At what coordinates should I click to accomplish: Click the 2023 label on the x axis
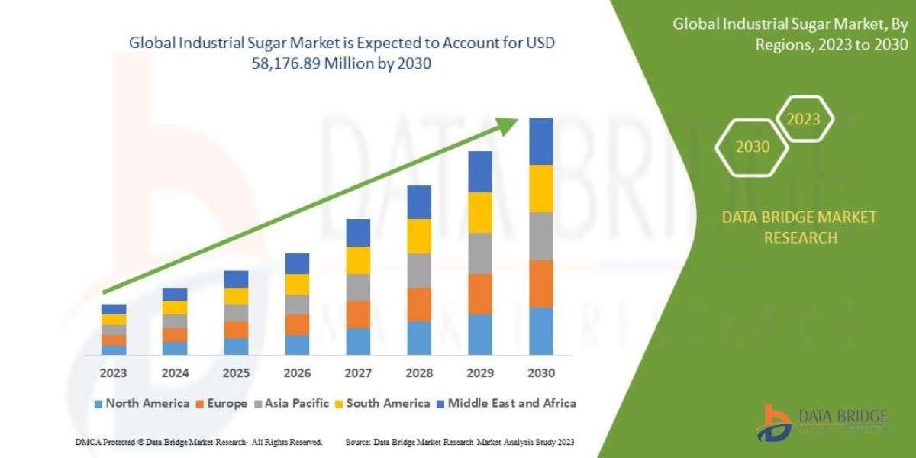point(113,373)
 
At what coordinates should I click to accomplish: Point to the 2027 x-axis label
point(357,373)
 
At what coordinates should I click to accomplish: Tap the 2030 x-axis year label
point(540,373)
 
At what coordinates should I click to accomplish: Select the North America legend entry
point(141,403)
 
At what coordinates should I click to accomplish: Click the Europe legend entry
point(223,403)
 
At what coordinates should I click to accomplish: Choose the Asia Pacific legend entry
point(296,403)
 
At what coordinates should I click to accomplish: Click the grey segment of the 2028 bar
point(418,270)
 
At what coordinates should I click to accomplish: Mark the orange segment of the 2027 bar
point(357,314)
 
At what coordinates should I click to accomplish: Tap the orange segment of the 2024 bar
point(174,334)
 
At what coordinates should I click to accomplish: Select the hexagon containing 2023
point(803,119)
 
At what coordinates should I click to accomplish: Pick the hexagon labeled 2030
point(753,147)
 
